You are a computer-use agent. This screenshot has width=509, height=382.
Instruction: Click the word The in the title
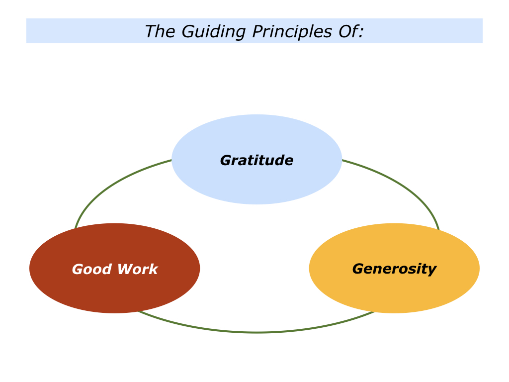point(156,31)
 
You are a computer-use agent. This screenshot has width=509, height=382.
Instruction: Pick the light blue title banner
point(254,31)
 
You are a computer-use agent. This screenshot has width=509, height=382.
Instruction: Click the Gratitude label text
point(257,161)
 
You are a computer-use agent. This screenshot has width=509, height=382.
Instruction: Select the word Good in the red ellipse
point(92,269)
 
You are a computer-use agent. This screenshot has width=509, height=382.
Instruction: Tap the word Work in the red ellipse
point(138,269)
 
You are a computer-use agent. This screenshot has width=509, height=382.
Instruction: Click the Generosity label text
point(394,269)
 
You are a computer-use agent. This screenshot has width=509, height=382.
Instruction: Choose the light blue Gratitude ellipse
point(257,159)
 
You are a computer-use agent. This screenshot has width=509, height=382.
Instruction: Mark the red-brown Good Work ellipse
point(115,268)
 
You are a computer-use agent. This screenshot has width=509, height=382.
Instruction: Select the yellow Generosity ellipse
point(394,268)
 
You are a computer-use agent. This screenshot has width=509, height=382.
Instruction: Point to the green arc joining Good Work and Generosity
point(256,332)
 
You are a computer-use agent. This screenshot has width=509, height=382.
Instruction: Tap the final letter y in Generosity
point(432,271)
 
